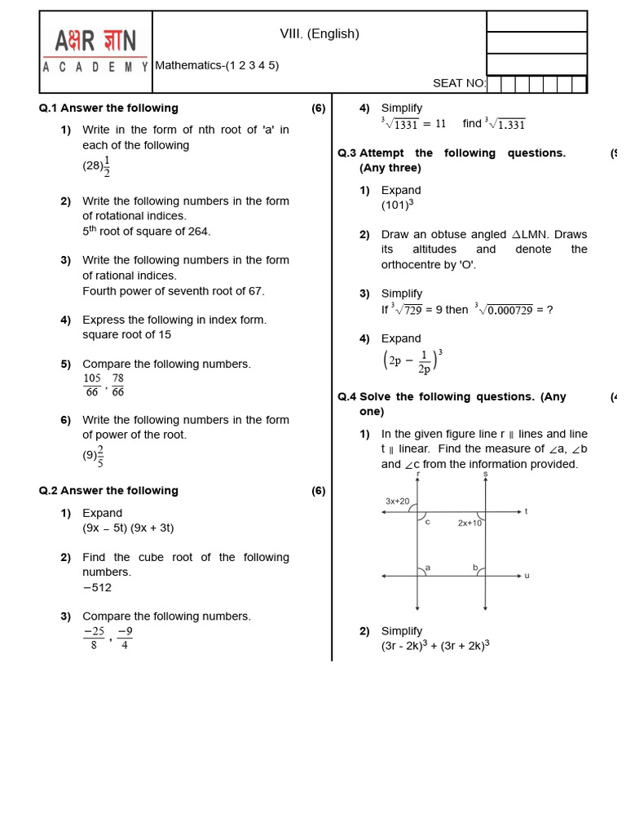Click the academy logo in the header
[96, 51]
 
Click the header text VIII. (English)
[320, 33]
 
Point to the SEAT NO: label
[459, 83]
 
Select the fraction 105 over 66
[92, 385]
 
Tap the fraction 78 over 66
[118, 385]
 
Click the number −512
[97, 587]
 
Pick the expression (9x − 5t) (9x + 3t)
[128, 528]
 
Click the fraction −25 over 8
[94, 638]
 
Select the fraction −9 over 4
[125, 638]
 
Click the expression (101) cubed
[398, 205]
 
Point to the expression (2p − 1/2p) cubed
[412, 360]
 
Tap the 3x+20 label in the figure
[398, 501]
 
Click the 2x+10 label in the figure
[469, 523]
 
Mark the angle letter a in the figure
[428, 568]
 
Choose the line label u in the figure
[527, 576]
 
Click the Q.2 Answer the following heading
[108, 490]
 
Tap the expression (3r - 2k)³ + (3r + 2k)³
[435, 645]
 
